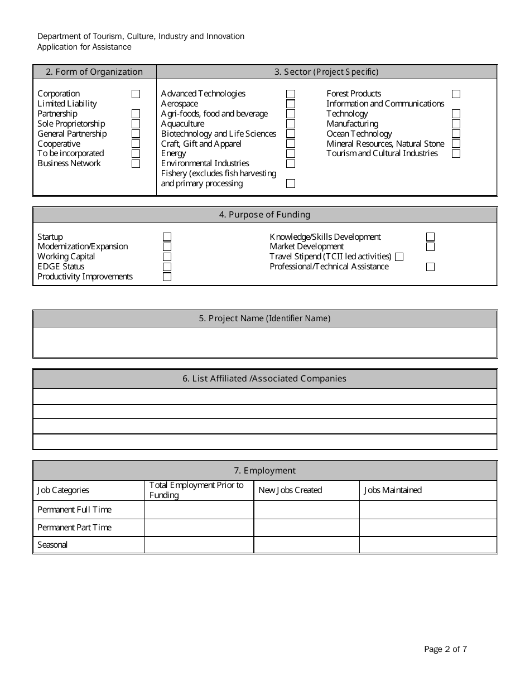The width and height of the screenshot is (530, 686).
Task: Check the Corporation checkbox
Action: pos(136,94)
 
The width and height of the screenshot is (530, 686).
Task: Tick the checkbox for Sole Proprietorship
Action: pos(136,124)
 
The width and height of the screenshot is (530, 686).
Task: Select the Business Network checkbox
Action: pos(136,164)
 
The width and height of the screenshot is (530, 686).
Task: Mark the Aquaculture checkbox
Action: pos(291,124)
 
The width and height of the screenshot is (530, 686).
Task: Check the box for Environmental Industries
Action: pos(291,164)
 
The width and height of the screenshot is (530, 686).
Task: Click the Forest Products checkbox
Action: pos(456,94)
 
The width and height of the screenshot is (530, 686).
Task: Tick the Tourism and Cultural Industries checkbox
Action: pos(456,154)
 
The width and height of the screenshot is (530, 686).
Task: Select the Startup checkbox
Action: pos(167,237)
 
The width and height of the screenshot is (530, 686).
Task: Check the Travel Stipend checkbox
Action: pos(399,257)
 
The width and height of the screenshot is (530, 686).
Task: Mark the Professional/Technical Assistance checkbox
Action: pos(430,267)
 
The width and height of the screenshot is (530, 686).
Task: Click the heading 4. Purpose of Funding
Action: pos(264,215)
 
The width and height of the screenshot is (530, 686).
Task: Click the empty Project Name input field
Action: pos(264,342)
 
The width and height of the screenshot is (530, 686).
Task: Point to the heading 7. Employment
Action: pos(264,471)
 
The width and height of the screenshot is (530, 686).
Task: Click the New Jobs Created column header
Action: pos(290,490)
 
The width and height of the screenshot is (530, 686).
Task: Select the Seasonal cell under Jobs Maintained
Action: pos(427,545)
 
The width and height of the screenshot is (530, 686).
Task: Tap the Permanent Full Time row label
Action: pos(74,510)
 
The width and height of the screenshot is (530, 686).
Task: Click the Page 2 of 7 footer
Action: pos(445,649)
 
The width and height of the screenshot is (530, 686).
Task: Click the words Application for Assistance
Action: pos(84,47)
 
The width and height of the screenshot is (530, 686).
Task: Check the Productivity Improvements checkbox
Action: pos(167,277)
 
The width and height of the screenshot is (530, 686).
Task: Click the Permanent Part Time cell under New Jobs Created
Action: pos(306,528)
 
